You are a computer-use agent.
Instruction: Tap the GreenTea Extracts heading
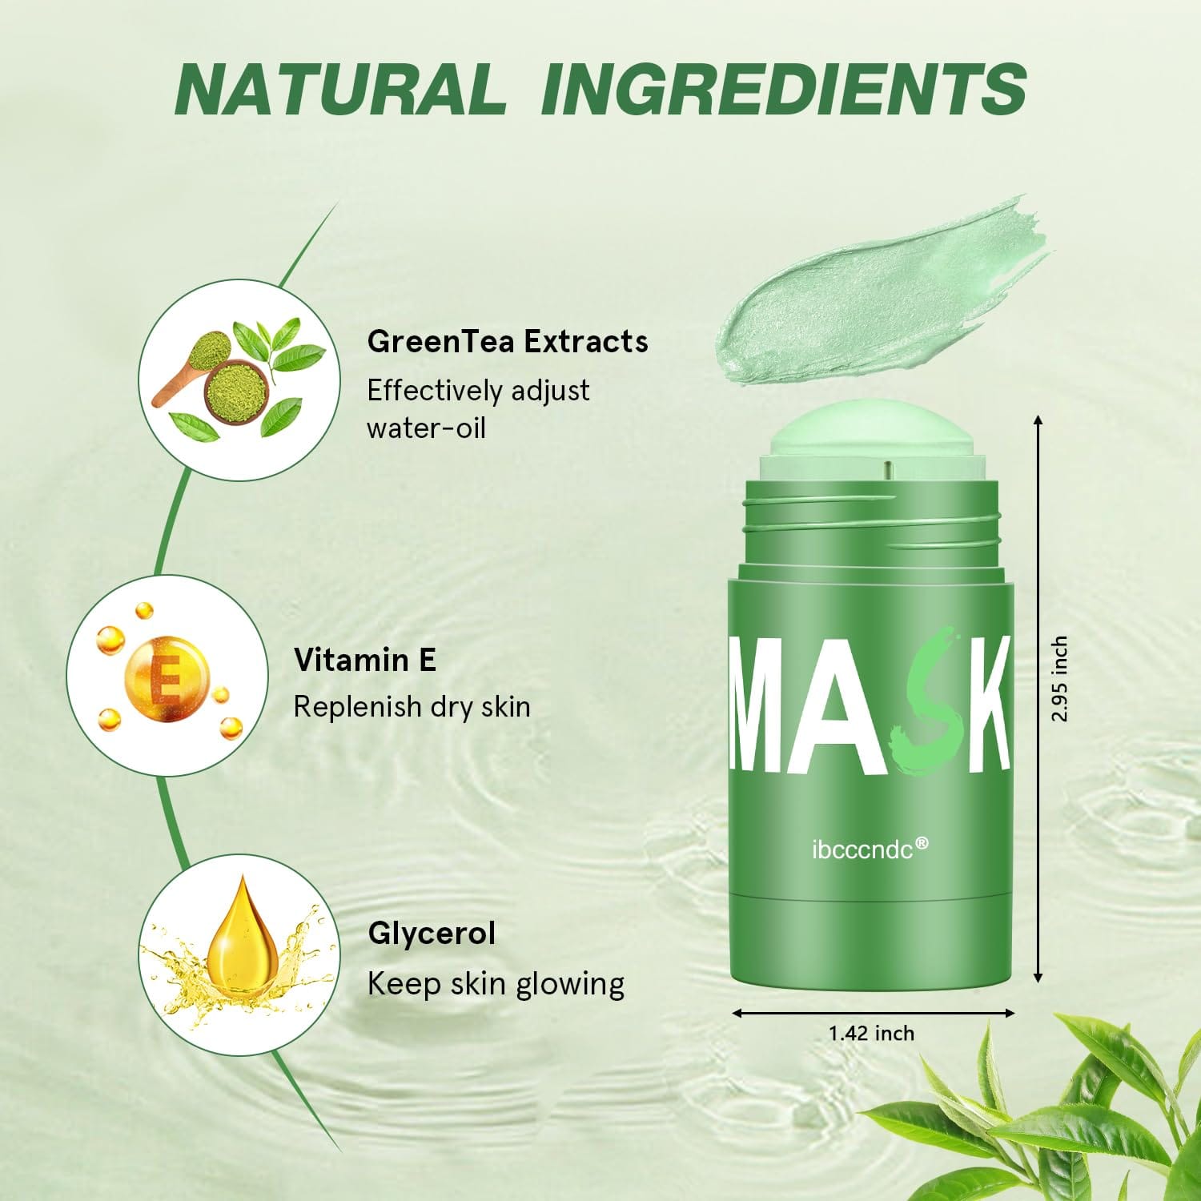coord(508,342)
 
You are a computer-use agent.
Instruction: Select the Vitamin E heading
coord(365,661)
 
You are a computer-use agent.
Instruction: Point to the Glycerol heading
coord(432,934)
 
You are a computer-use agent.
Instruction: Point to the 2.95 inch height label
coord(1059,679)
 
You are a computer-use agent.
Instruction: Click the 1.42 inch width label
coord(871,1034)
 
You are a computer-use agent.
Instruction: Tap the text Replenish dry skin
coord(412,708)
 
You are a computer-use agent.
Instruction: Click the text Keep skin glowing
coord(496,984)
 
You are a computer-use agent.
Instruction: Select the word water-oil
coord(426,428)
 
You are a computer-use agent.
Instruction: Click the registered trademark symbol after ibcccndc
coord(922,843)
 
